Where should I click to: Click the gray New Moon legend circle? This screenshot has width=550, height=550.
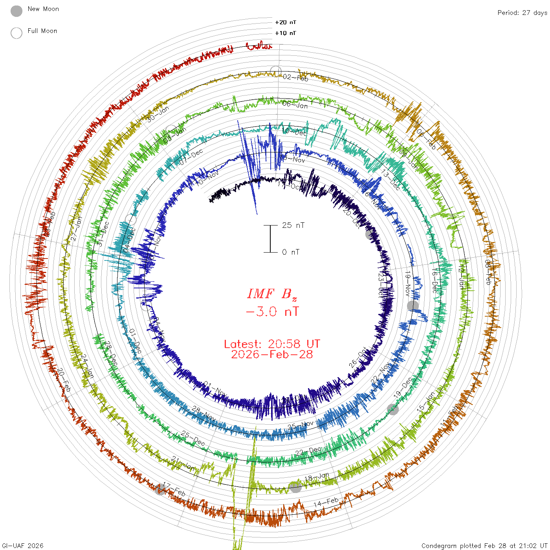(x=16, y=11)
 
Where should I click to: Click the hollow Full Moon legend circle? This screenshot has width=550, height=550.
(x=16, y=33)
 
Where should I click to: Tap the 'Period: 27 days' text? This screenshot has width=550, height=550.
(x=522, y=13)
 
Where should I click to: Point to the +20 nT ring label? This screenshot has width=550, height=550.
(x=286, y=22)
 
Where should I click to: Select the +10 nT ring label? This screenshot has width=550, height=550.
(x=286, y=33)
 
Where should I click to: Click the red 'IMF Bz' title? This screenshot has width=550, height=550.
(x=272, y=294)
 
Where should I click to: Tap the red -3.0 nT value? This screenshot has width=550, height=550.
(x=272, y=312)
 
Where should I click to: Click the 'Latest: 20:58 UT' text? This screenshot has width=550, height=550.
(x=272, y=344)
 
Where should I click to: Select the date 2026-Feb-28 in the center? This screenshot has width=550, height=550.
(x=272, y=354)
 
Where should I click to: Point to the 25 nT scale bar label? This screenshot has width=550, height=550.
(x=293, y=225)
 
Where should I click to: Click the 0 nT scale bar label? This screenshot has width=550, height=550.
(x=291, y=252)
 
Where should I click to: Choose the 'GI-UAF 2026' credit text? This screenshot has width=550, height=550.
(x=23, y=546)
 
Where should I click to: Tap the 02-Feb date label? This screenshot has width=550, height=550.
(x=295, y=77)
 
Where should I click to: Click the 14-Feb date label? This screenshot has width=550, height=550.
(x=326, y=502)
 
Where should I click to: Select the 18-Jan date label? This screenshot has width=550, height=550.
(x=317, y=477)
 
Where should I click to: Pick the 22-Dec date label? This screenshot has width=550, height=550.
(x=308, y=451)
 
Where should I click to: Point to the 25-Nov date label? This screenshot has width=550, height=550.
(x=301, y=425)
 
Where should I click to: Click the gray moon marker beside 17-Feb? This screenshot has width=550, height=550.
(x=160, y=489)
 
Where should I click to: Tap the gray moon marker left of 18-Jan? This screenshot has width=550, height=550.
(x=295, y=487)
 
